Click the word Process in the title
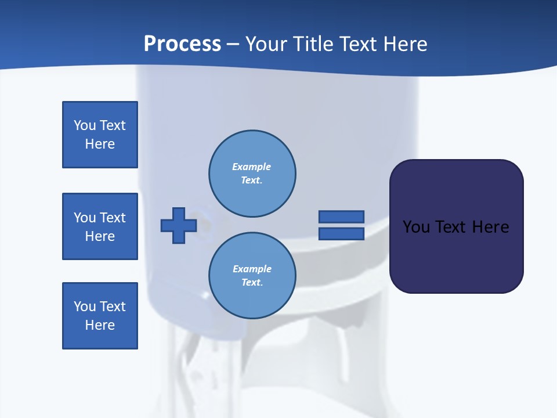[182, 44]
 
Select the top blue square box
[100, 135]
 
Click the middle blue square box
[100, 226]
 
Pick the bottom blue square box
[100, 316]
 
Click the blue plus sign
[178, 225]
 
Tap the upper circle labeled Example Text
[252, 174]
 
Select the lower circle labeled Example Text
[252, 276]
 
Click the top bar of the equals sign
[341, 217]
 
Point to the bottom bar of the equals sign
[341, 233]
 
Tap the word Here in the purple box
[490, 227]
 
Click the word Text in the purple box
[452, 227]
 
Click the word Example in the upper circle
[252, 167]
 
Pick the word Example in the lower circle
[252, 269]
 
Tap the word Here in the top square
[100, 144]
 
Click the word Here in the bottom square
[100, 325]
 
